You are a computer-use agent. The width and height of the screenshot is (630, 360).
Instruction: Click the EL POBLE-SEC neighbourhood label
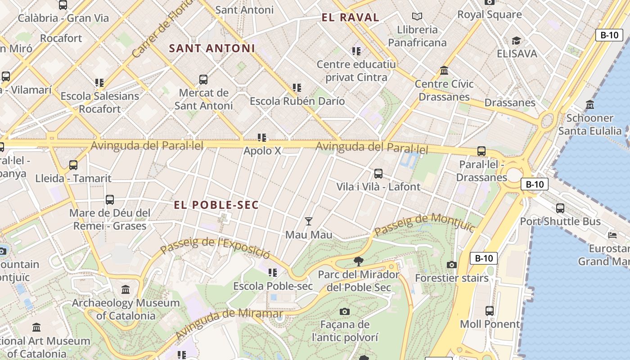click(x=216, y=205)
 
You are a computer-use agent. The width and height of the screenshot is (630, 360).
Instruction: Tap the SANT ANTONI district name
click(x=212, y=48)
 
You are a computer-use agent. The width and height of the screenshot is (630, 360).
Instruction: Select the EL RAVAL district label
click(x=351, y=18)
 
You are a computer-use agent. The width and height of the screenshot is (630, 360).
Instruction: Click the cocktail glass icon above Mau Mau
click(x=309, y=221)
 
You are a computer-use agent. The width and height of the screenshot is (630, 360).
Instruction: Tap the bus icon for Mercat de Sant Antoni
click(x=203, y=80)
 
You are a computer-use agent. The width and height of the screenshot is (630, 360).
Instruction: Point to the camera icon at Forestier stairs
click(x=452, y=265)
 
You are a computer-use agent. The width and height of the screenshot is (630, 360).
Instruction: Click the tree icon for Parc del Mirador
click(x=359, y=261)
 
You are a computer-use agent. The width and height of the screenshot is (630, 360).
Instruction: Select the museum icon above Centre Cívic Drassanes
click(x=444, y=71)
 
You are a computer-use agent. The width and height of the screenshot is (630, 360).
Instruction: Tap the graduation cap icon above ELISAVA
click(x=516, y=40)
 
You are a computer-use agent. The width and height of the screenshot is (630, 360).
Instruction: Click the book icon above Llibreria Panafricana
click(x=417, y=17)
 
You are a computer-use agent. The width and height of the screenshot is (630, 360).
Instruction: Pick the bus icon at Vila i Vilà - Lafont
click(x=378, y=173)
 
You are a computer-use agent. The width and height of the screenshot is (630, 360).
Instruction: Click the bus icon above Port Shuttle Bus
click(x=560, y=208)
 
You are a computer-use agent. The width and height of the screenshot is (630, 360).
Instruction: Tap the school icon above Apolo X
click(x=262, y=137)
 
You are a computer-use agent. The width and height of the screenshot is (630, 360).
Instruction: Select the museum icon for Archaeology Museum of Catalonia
click(x=126, y=289)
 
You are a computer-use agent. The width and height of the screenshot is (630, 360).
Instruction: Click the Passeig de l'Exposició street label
click(x=215, y=247)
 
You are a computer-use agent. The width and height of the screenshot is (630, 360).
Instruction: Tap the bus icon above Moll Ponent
click(x=490, y=310)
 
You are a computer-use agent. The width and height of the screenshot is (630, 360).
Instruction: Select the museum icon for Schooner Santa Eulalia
click(x=590, y=105)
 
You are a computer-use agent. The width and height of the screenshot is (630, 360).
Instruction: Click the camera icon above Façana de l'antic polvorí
click(x=345, y=311)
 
